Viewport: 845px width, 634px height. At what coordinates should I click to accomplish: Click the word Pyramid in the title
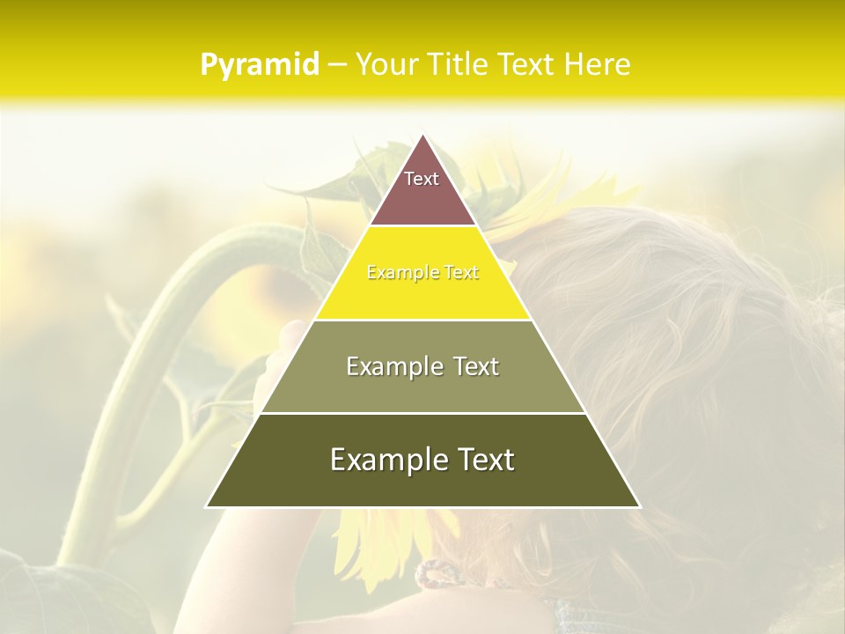point(259,64)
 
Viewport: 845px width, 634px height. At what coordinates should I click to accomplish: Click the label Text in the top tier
point(422,179)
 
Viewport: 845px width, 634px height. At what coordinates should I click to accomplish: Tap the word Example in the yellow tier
point(401,273)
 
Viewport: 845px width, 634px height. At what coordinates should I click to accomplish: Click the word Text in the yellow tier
point(459,273)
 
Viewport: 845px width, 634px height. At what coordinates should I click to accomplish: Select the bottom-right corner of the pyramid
point(639,506)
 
